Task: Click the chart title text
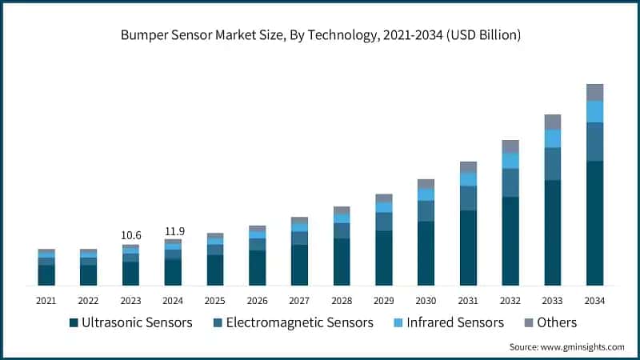click(x=320, y=34)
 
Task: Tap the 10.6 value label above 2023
click(x=130, y=235)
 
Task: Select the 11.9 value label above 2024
click(x=173, y=231)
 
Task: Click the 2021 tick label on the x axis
click(x=46, y=300)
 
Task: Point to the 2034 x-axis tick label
click(x=594, y=300)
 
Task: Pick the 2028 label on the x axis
click(x=342, y=300)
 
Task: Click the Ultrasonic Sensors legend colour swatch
click(x=74, y=323)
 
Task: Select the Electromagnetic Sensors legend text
click(x=299, y=322)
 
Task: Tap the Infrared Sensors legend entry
click(x=455, y=322)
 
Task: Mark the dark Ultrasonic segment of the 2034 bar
click(x=594, y=223)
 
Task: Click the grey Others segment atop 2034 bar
click(x=594, y=92)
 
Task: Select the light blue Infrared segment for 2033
click(x=553, y=138)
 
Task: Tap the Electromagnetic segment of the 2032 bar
click(x=510, y=182)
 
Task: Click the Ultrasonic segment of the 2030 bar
click(x=426, y=253)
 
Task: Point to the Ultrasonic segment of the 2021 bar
click(x=46, y=274)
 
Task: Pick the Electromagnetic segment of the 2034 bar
click(x=594, y=142)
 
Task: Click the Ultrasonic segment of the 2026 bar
click(x=257, y=267)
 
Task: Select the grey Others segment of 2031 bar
click(x=468, y=166)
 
